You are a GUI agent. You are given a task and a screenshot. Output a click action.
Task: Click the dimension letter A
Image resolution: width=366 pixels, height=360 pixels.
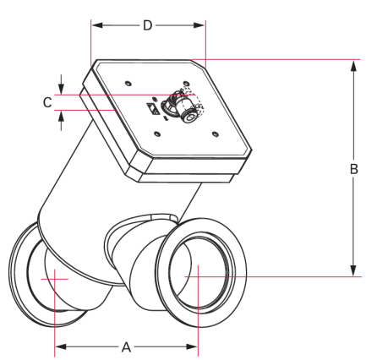click(x=126, y=346)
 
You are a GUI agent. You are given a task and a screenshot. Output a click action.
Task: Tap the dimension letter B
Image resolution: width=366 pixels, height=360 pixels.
click(x=354, y=169)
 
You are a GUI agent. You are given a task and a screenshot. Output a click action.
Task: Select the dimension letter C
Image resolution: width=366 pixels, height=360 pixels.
click(x=47, y=102)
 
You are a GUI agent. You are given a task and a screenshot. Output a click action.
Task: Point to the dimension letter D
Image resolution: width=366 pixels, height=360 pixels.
click(x=148, y=25)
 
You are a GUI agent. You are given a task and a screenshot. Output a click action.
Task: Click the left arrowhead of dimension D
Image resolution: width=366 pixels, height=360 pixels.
click(x=97, y=25)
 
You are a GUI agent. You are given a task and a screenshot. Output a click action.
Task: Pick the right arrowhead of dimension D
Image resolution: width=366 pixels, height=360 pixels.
click(x=199, y=25)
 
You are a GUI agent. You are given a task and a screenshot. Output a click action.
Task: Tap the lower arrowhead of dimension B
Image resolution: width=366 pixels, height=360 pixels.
click(x=353, y=270)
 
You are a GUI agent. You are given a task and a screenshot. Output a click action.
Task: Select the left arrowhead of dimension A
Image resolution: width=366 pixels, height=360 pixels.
click(x=61, y=346)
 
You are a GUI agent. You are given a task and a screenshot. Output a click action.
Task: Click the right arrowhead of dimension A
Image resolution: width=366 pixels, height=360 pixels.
click(x=192, y=346)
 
